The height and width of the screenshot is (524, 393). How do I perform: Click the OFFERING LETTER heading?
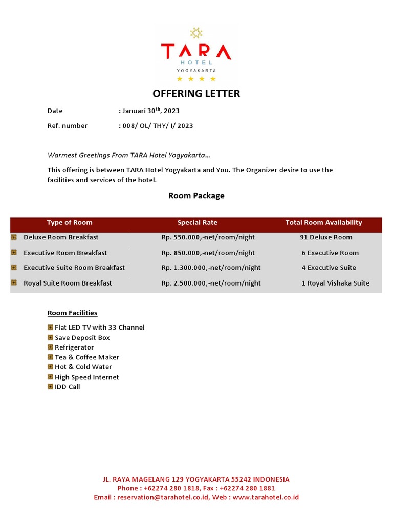pos(196,94)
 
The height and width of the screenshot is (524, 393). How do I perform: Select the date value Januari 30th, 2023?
pos(150,111)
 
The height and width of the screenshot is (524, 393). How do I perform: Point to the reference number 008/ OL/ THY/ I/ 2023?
pos(157,126)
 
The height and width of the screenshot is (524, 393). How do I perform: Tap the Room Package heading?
pos(196,195)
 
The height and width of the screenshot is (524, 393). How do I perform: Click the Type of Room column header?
pos(70,223)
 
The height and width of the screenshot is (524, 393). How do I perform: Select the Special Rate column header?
pos(197,223)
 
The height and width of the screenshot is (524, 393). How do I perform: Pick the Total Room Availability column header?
pos(323,223)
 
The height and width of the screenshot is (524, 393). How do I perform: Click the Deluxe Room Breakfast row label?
pos(61,237)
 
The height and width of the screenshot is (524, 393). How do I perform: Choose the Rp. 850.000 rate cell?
pos(208,253)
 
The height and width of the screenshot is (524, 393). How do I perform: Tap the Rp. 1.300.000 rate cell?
pos(211,268)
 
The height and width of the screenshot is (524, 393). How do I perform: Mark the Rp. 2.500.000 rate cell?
pos(211,283)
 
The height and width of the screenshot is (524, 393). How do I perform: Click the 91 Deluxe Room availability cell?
pos(326,237)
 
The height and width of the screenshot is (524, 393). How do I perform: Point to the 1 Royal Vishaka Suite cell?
pos(335,283)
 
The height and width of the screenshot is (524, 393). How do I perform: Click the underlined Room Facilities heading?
pos(72,313)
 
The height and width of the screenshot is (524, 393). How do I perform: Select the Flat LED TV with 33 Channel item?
pos(99,327)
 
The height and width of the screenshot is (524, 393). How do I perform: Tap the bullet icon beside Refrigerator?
pos(50,347)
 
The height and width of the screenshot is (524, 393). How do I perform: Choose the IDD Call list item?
pos(67,387)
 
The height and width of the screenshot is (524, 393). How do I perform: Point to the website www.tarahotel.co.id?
pos(266,497)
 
